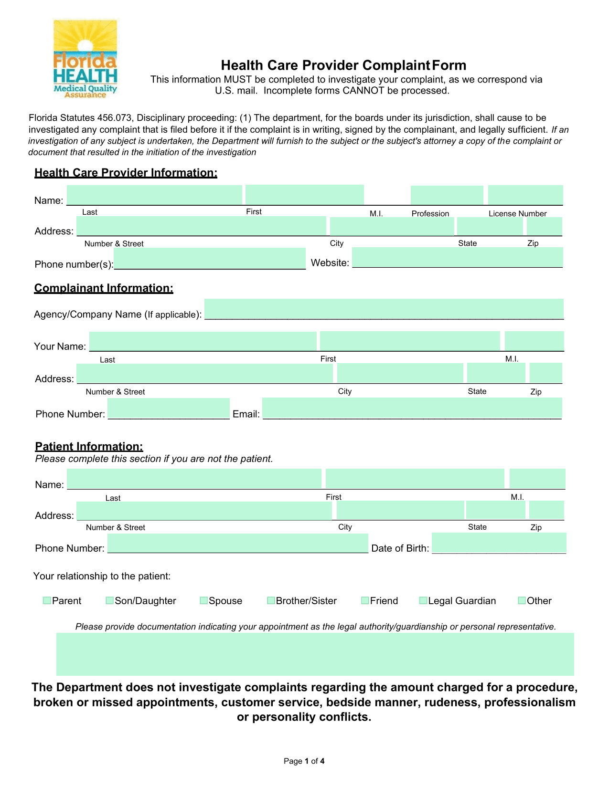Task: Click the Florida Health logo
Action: tap(85, 59)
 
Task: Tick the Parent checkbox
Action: tap(47, 600)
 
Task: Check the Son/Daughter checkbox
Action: tap(109, 600)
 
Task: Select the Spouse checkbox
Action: tap(203, 600)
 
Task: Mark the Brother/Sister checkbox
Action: tap(271, 600)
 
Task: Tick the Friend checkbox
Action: tap(365, 600)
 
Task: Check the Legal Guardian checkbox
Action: tap(423, 600)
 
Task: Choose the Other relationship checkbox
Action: tap(522, 600)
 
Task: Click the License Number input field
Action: tap(525, 195)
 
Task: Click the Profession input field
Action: tap(447, 195)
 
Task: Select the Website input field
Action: tap(457, 258)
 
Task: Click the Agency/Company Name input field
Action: tap(384, 309)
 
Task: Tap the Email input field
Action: tap(412, 409)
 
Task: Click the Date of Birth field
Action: tap(499, 543)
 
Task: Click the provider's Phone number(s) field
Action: tap(210, 259)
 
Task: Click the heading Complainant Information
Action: tap(104, 288)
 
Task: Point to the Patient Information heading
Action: tap(89, 447)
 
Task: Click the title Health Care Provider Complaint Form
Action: tap(343, 65)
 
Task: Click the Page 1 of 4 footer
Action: tap(304, 761)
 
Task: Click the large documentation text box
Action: tap(315, 654)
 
